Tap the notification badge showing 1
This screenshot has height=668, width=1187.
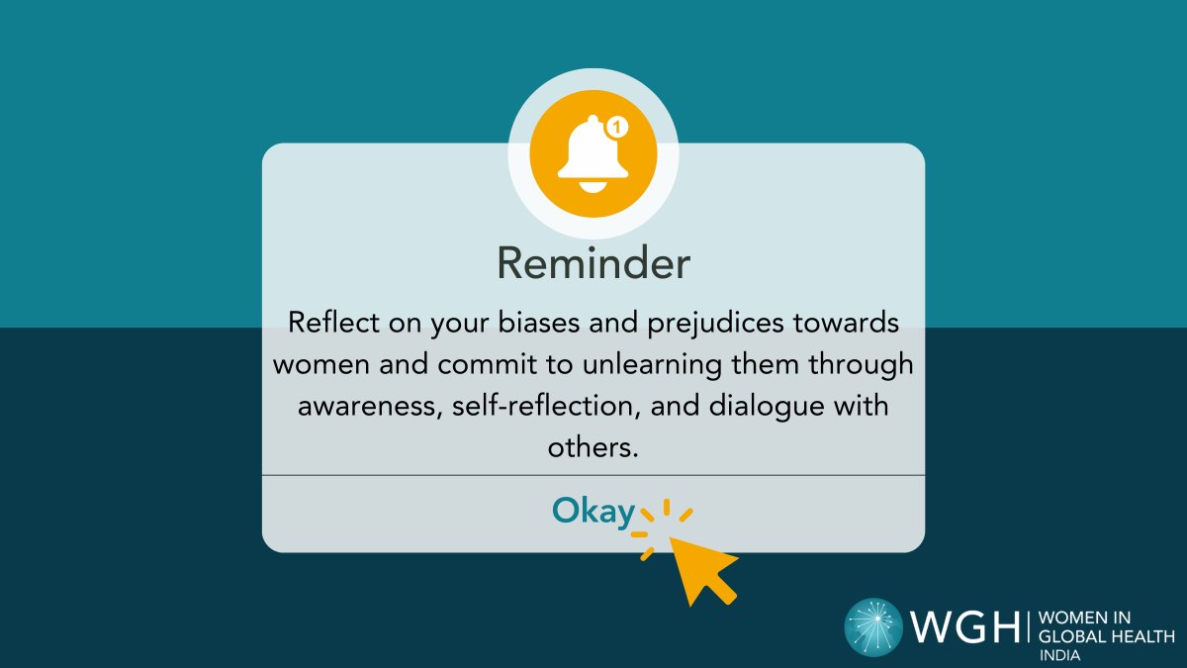coord(616,127)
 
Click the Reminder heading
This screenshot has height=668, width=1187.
coord(593,264)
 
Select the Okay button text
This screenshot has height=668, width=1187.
coord(593,511)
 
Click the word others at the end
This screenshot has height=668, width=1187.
coord(591,447)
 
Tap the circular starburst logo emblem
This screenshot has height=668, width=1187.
coord(873,627)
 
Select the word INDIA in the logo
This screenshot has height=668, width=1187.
coord(1058,656)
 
